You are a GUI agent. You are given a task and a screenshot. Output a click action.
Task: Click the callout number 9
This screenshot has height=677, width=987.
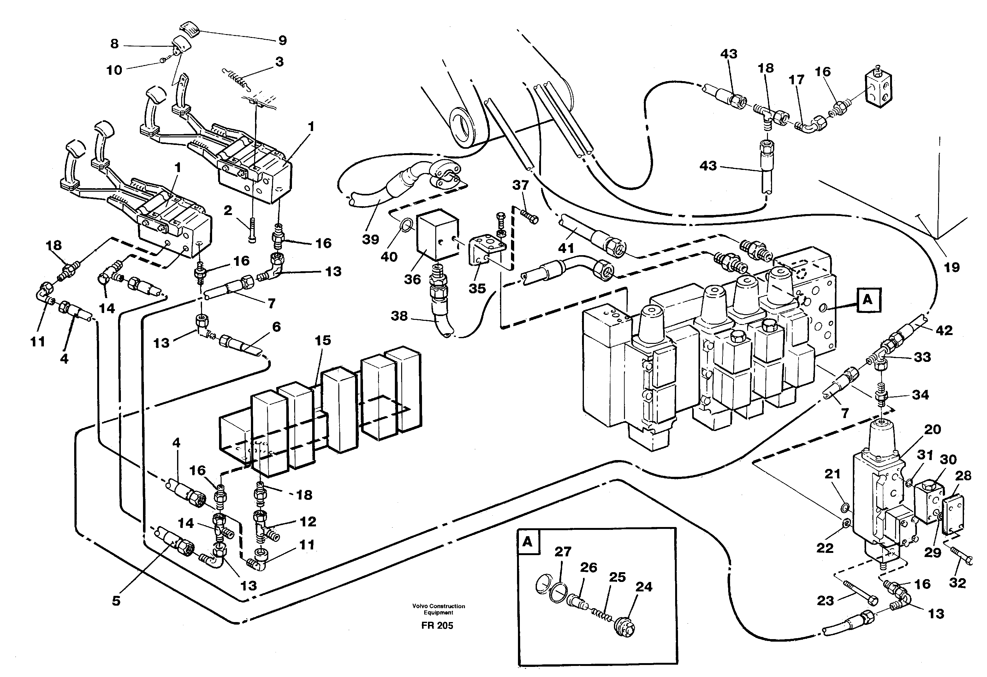(282, 40)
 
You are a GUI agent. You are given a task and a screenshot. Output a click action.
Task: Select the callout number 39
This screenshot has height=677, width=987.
(370, 240)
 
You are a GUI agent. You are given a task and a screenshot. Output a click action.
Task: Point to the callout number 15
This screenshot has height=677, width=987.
(323, 340)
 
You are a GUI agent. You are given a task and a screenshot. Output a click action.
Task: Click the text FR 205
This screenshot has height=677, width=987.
(437, 626)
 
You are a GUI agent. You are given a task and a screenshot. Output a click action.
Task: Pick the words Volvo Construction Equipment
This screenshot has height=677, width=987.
(438, 609)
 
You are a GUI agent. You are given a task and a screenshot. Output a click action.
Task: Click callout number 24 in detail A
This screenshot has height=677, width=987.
(644, 587)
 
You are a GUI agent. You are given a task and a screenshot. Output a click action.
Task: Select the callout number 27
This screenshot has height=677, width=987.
(563, 552)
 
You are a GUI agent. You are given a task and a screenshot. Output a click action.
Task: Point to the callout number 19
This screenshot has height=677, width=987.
(952, 267)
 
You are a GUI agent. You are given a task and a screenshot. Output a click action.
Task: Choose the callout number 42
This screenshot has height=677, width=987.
(944, 330)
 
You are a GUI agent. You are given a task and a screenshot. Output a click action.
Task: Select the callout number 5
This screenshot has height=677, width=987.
(116, 601)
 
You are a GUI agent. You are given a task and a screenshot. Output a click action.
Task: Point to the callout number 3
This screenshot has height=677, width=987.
(279, 62)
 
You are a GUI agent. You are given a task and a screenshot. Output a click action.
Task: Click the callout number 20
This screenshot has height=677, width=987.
(933, 430)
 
